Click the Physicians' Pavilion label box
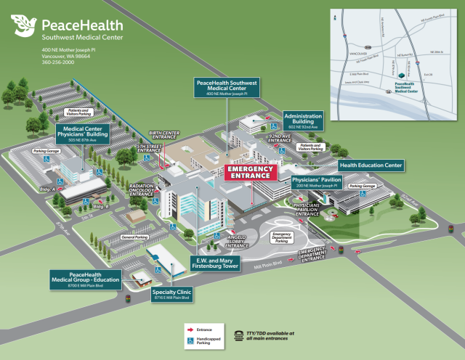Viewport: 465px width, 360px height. point(316,181)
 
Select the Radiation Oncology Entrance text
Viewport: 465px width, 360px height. point(141,190)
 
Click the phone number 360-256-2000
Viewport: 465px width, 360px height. point(58,62)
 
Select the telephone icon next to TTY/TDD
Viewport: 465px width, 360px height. point(240,335)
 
